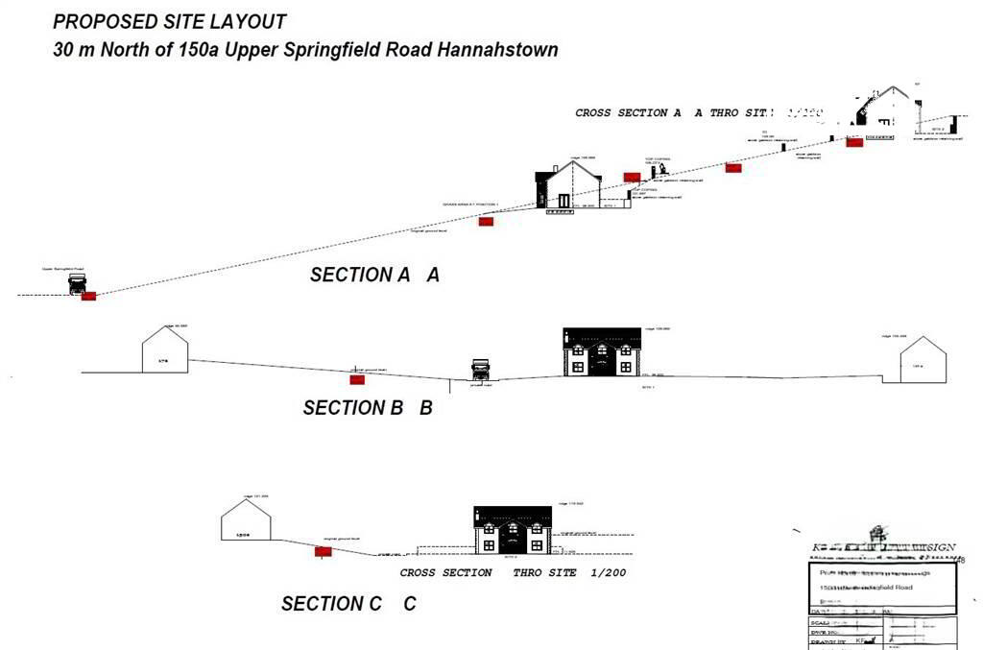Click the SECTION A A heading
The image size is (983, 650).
[374, 275]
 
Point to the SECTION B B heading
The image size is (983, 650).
[368, 408]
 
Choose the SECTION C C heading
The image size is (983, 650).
[348, 604]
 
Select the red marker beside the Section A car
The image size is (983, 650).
[89, 296]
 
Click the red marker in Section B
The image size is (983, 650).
[357, 379]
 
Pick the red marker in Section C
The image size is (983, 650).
[324, 551]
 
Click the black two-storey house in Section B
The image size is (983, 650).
[601, 351]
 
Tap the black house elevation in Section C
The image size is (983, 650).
[513, 530]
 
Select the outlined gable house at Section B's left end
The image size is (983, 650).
[165, 349]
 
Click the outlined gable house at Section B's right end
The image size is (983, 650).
[923, 360]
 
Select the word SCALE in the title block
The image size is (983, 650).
[822, 622]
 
